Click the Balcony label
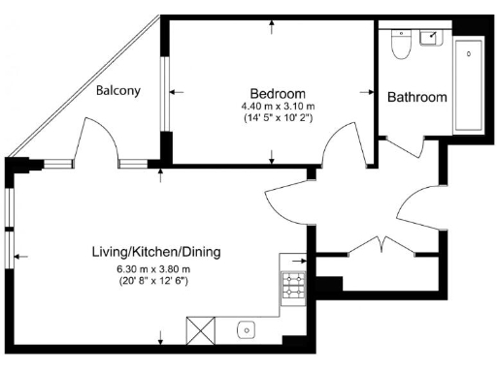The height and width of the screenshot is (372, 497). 118,91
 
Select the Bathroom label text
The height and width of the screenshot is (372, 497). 417,97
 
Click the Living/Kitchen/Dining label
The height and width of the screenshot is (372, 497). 155,252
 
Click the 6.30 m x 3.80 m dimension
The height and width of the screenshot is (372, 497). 153,269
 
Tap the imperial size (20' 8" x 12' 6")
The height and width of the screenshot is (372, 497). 153,282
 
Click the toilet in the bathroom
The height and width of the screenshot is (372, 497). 398,44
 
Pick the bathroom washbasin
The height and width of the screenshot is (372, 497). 429,38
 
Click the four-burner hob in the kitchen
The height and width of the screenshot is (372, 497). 293,286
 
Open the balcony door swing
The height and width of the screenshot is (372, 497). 100,143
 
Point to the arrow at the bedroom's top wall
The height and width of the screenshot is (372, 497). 272,27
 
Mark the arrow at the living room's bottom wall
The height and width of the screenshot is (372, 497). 160,338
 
